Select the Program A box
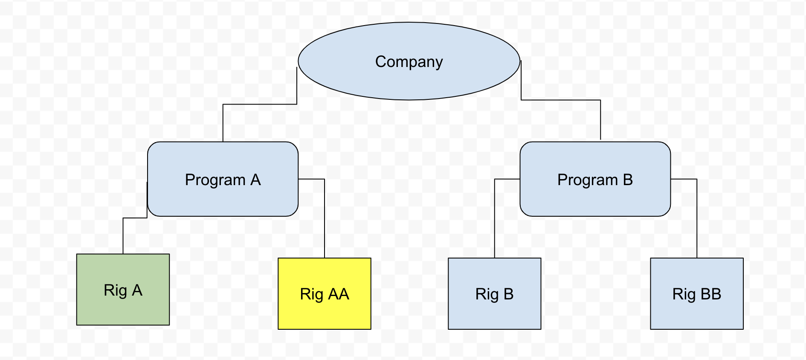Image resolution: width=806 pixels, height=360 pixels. pos(223,200)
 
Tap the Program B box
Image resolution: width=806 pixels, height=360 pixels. pos(595,200)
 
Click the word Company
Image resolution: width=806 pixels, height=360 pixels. pos(409,62)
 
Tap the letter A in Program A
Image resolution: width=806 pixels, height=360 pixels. pos(255,180)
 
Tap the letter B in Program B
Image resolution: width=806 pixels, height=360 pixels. pos(628,180)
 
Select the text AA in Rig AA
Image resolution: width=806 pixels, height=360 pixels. pos(339,294)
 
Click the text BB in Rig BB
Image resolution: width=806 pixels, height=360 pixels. pos(710,294)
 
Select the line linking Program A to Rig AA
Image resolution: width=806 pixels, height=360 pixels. pos(325,218)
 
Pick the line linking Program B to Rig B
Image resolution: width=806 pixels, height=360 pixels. pos(495,218)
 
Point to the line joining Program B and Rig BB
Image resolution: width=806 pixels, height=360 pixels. pos(697,218)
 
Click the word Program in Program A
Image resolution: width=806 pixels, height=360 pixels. pos(215,180)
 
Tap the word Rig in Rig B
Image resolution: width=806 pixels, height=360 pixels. pos(487,294)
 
